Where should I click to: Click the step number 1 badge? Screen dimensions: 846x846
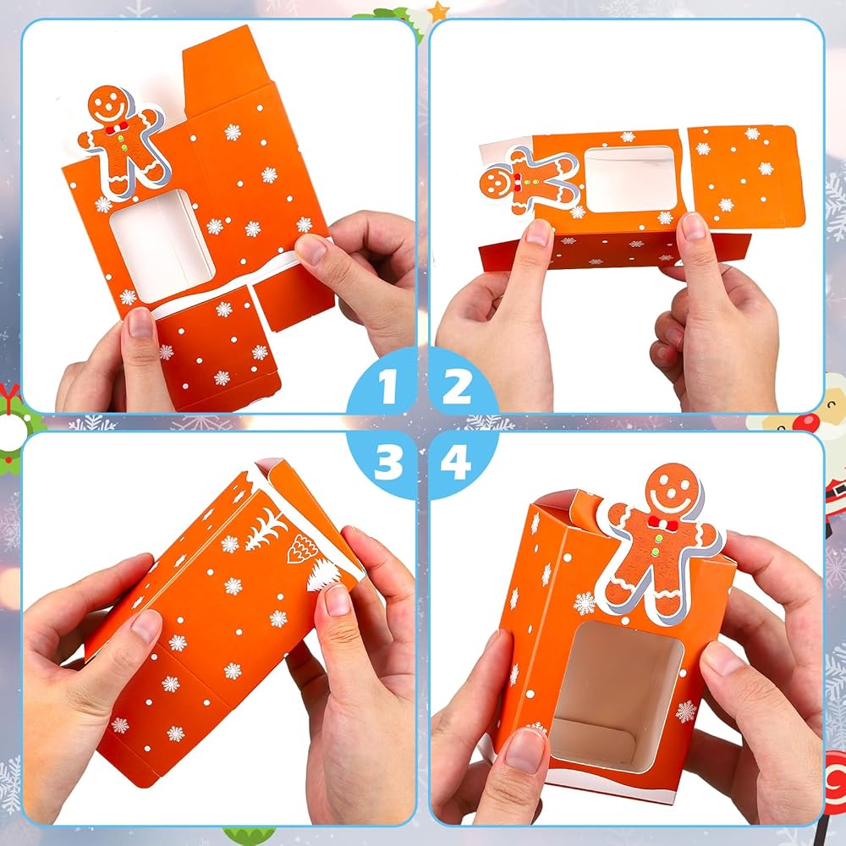pos(385,384)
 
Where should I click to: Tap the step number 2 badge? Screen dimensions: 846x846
pos(459,384)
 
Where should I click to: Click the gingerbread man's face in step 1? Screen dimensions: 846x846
pos(109,105)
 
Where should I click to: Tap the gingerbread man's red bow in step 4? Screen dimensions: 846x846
pos(662,523)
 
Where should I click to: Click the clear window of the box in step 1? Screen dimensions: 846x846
pos(162,245)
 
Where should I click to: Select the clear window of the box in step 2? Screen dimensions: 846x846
pos(629,179)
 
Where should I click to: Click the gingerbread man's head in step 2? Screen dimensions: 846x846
pos(497,183)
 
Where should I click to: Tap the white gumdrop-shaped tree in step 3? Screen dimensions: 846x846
pos(302,549)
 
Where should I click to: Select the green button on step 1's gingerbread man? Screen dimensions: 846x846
pos(123,146)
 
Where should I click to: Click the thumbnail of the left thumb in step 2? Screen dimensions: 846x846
pos(537,233)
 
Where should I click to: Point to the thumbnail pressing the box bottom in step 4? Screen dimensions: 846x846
pos(524,750)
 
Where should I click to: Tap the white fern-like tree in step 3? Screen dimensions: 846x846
pos(266,529)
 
